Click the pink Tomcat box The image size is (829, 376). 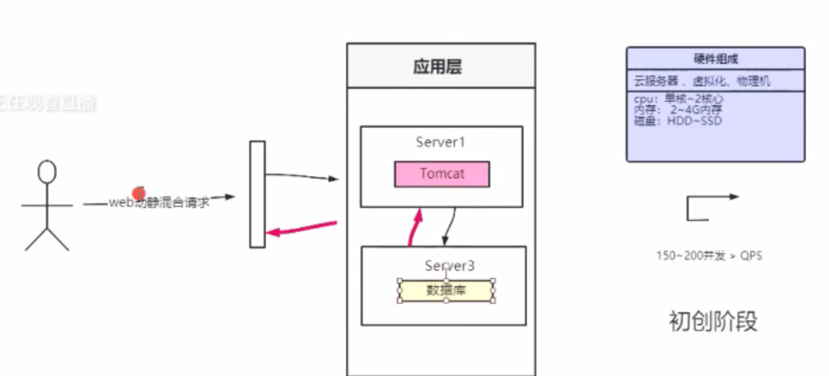pos(441,173)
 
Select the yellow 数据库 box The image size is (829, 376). pos(446,291)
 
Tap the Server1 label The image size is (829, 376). pos(441,143)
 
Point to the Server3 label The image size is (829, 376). pos(451,266)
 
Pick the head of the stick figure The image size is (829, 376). pos(48,171)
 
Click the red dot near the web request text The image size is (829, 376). pos(139,192)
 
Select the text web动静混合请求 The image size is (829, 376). pos(159,203)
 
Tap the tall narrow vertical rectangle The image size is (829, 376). pos(257,194)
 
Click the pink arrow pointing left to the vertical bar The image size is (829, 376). pos(303,228)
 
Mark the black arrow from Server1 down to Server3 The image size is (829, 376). pos(449,225)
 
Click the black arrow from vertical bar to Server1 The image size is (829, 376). pos(303,176)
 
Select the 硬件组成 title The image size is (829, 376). pos(716,59)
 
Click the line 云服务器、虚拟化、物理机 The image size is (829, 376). pos(701,80)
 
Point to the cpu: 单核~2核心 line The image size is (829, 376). pos(678,100)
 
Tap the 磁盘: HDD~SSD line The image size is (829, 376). pos(678,121)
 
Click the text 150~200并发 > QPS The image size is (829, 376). pos(708,255)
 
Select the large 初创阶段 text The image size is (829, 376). pos(712,322)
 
